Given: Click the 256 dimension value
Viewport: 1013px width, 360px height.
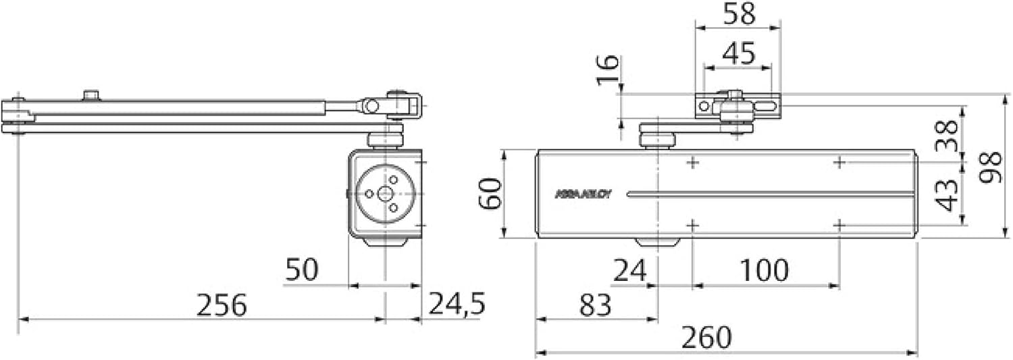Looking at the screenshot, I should pos(222,306).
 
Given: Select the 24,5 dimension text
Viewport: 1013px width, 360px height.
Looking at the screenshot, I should pos(457,305).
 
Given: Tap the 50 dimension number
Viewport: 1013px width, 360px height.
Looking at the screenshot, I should pos(301,270).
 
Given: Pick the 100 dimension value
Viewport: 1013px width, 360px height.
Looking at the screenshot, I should pos(764,271).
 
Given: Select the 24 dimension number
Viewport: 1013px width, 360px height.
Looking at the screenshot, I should pos(629,271).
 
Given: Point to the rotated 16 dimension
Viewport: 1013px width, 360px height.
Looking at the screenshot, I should pos(608,70).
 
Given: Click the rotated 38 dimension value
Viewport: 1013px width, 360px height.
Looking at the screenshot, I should pos(947,136).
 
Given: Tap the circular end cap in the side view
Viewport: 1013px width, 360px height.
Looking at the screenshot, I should pos(385,193).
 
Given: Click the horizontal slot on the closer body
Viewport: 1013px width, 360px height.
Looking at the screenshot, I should pos(770,195).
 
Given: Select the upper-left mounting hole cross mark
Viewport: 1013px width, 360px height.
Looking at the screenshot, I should pos(692,162).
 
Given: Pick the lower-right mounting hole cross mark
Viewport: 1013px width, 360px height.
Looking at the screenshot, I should pos(839,224).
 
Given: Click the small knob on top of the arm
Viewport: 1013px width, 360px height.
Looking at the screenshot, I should pos(90,95).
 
